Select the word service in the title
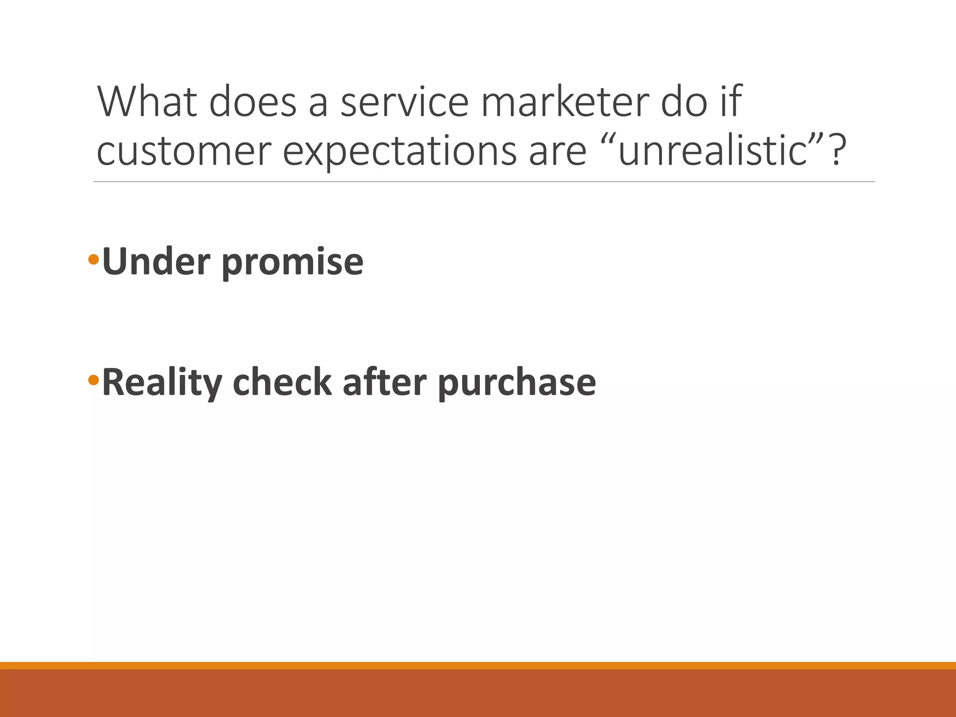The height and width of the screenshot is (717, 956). (x=404, y=102)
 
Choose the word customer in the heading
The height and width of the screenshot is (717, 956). (x=184, y=152)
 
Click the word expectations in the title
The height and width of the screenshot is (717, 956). (x=400, y=152)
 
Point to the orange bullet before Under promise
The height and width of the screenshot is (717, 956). (x=93, y=260)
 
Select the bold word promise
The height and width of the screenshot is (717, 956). (x=292, y=263)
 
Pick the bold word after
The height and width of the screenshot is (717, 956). (x=385, y=382)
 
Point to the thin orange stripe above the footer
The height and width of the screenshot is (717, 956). (x=478, y=666)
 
